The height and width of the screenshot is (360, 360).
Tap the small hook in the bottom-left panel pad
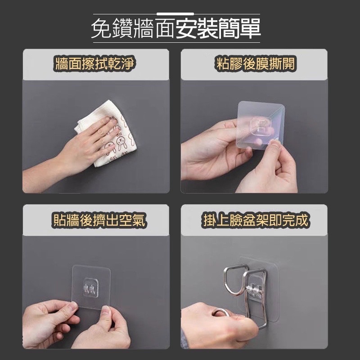pyautogui.click(x=91, y=288)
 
